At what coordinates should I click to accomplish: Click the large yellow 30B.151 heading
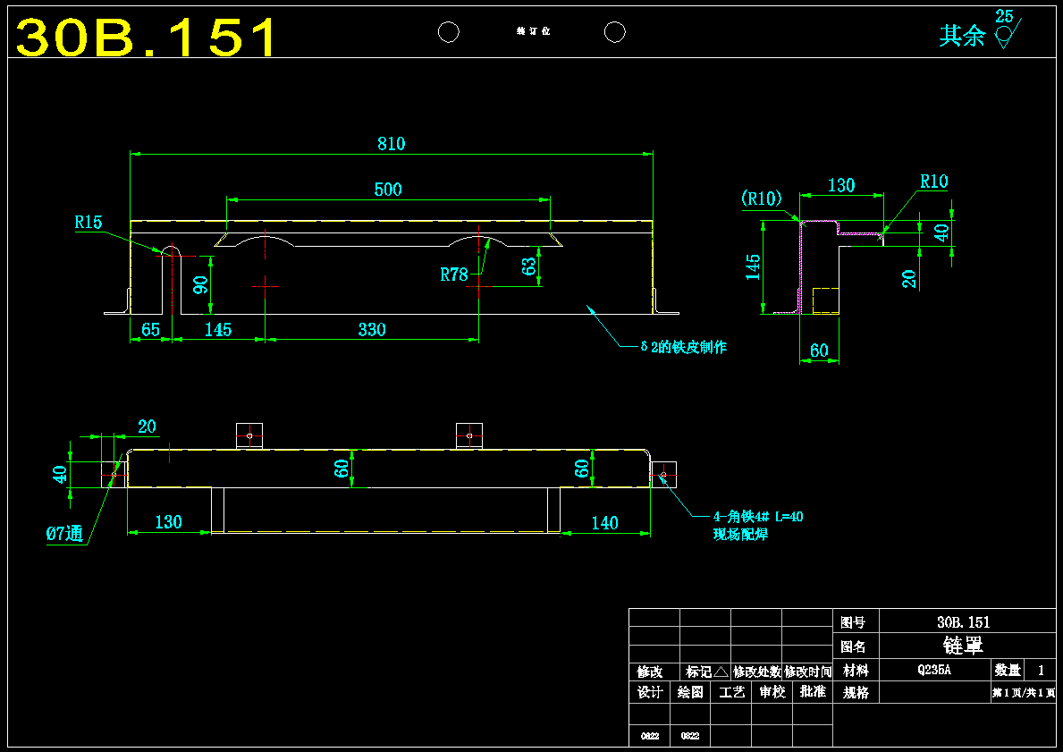tap(147, 38)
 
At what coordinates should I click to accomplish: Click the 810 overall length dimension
tap(391, 144)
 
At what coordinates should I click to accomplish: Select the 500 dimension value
tap(388, 190)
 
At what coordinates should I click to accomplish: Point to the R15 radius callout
tap(89, 223)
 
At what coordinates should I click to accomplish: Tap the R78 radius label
tap(454, 275)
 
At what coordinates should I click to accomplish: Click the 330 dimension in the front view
tap(372, 330)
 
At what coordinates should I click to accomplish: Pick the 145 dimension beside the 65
tap(218, 330)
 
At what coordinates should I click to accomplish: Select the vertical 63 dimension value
tap(529, 266)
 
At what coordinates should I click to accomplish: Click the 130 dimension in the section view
tap(841, 186)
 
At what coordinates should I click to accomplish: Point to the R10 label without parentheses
tap(933, 182)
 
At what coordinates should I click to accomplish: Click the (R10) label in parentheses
tap(762, 198)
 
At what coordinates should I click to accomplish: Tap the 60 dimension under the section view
tap(819, 351)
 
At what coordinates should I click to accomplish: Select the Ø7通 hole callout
tap(64, 535)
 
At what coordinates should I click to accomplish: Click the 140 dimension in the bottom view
tap(604, 523)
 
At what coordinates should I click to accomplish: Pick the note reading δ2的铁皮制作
tap(684, 348)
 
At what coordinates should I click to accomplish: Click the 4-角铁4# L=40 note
tap(758, 516)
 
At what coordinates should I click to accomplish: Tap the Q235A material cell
tap(933, 670)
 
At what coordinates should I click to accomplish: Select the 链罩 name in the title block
tap(964, 646)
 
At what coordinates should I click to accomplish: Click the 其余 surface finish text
tap(961, 36)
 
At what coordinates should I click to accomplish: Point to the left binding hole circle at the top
tap(449, 32)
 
